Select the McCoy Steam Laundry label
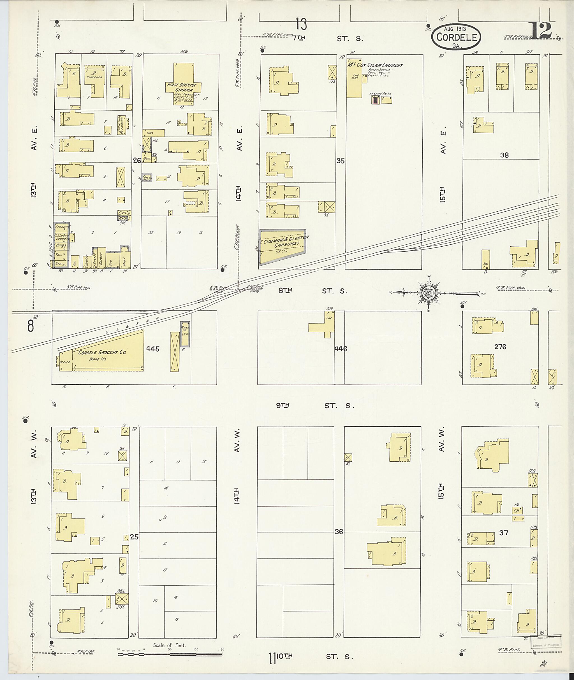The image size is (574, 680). pos(375,65)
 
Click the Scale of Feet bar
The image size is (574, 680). pos(169,654)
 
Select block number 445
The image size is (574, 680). pos(153,349)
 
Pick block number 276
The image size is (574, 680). pos(500,347)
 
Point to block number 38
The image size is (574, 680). pos(504,155)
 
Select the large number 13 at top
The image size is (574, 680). pos(301,24)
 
